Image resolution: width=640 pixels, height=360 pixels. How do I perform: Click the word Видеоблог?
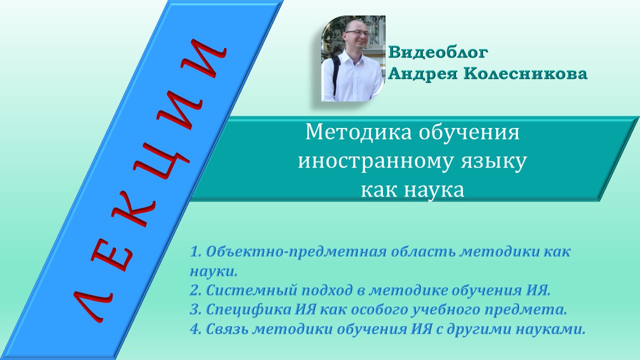click(x=437, y=52)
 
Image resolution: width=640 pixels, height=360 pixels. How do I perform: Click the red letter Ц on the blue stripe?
click(x=170, y=150)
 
